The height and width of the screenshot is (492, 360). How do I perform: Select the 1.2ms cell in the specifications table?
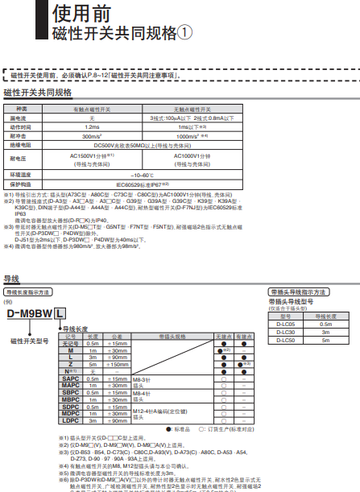tap(91, 126)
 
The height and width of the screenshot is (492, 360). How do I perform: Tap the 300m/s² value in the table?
tap(91, 136)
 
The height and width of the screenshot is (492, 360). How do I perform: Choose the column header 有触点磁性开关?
tap(91, 108)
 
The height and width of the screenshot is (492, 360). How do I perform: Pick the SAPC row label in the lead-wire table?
tap(71, 378)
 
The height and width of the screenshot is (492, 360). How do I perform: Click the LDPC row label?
tap(71, 420)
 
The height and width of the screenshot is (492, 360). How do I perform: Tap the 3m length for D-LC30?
tap(325, 332)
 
